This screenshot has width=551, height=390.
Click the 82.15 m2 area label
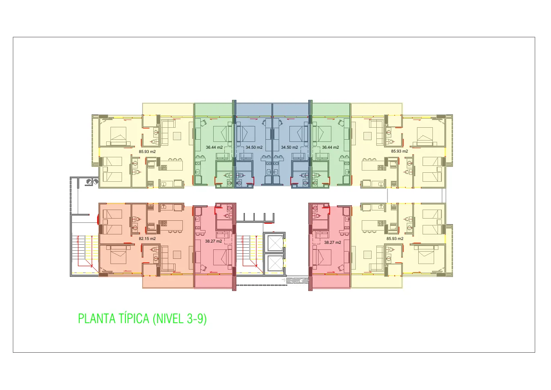point(147,239)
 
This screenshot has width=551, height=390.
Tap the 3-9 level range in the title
point(197,318)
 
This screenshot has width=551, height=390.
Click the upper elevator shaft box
point(275,243)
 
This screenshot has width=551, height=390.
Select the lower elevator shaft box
point(275,263)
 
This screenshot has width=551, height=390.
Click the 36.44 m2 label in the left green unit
point(214,147)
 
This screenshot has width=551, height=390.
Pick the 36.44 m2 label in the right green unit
point(331,147)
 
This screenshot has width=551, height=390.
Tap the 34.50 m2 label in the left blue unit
point(254,147)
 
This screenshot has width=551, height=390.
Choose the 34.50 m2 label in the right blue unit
point(289,147)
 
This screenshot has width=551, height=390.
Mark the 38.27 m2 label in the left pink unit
point(214,241)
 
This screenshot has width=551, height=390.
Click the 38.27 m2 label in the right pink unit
point(333,243)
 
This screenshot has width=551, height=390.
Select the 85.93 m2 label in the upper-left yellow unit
point(147,152)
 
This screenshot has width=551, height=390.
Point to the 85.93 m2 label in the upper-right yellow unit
point(399,151)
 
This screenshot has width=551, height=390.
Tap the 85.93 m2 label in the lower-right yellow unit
point(395,239)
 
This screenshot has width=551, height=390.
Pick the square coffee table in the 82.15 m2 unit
point(177,255)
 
